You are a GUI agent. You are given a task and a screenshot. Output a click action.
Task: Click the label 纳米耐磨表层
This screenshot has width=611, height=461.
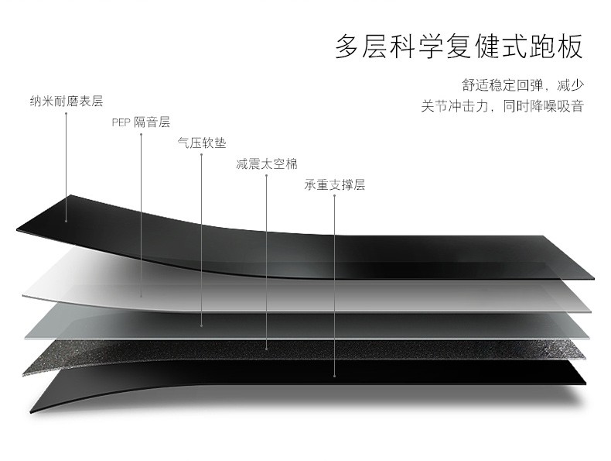(x=67, y=101)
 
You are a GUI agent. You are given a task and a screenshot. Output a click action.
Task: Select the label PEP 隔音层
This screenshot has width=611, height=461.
(x=141, y=122)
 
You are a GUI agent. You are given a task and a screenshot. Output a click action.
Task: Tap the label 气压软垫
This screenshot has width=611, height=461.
(x=202, y=143)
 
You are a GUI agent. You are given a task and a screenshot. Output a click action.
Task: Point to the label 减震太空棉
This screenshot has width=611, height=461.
(x=266, y=163)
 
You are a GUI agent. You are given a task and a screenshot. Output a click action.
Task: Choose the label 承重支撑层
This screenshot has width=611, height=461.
(x=334, y=184)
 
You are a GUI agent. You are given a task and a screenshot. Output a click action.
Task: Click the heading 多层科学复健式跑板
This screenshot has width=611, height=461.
(x=459, y=46)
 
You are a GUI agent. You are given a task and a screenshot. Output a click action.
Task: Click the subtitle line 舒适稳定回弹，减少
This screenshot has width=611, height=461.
(x=522, y=84)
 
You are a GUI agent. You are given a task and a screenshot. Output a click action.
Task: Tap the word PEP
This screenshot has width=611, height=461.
(x=121, y=122)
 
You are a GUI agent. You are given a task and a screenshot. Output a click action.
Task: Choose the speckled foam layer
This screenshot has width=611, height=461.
(x=155, y=353)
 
